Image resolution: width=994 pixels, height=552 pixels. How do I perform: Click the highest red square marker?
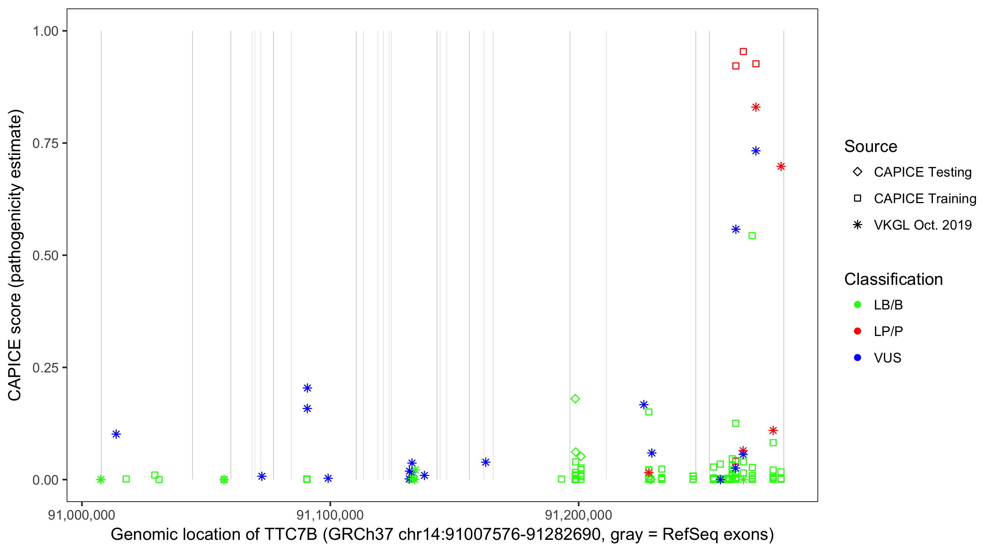pos(743,52)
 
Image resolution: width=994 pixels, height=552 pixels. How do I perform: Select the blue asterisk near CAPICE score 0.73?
pos(756,151)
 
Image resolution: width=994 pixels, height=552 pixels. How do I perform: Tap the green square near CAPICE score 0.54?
pos(752,236)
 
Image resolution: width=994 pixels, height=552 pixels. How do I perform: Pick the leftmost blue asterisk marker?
pos(116,434)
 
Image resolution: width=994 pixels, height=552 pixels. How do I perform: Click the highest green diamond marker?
pos(575,399)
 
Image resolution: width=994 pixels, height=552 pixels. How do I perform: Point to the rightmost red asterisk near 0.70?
pos(781,167)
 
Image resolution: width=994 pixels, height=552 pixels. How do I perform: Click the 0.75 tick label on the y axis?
pos(45,144)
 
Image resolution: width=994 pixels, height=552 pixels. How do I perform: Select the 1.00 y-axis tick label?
pos(45,31)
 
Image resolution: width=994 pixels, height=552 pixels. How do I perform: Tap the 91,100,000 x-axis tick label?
pos(330,515)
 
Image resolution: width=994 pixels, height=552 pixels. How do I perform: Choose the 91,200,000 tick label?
pos(578,515)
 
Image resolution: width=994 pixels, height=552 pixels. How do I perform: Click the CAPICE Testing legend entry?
pos(923,172)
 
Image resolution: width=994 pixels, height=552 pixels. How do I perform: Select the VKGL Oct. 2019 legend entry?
pos(923,225)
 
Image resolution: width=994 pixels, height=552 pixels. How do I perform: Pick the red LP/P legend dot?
pos(858,331)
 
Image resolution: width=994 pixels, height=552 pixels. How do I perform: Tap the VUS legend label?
pos(888,358)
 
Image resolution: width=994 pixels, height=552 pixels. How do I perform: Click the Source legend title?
pos(871,146)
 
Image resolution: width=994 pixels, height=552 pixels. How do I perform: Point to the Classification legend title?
pos(893,279)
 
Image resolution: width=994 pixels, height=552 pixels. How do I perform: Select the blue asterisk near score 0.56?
pos(736,230)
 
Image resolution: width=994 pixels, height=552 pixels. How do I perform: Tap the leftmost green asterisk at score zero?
pos(101,480)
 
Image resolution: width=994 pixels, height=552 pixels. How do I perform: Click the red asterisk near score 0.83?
pos(756,107)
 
